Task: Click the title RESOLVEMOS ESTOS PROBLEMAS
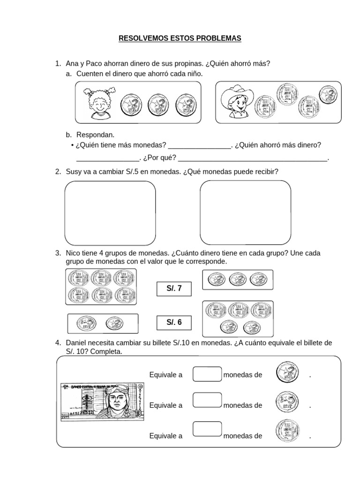click(x=180, y=38)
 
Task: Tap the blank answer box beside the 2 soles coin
click(x=207, y=375)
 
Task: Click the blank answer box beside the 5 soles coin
click(x=207, y=400)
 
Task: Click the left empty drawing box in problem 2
click(x=110, y=213)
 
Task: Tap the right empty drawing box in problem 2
click(x=245, y=213)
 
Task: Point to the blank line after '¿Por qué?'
click(x=253, y=160)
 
